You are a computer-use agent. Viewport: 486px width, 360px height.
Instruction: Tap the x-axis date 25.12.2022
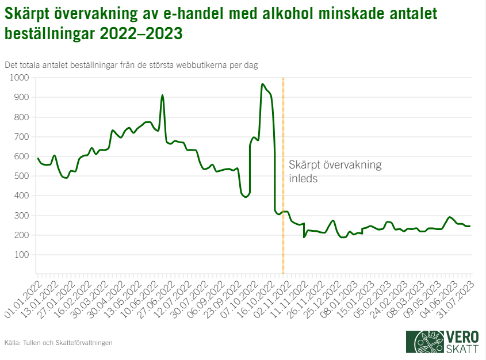click(321, 296)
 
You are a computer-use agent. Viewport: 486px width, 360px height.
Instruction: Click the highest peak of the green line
click(262, 84)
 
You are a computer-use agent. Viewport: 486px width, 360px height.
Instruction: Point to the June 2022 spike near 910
click(162, 95)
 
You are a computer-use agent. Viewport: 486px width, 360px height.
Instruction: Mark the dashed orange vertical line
click(283, 242)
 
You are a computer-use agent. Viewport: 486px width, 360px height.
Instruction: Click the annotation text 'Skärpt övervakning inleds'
click(335, 171)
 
